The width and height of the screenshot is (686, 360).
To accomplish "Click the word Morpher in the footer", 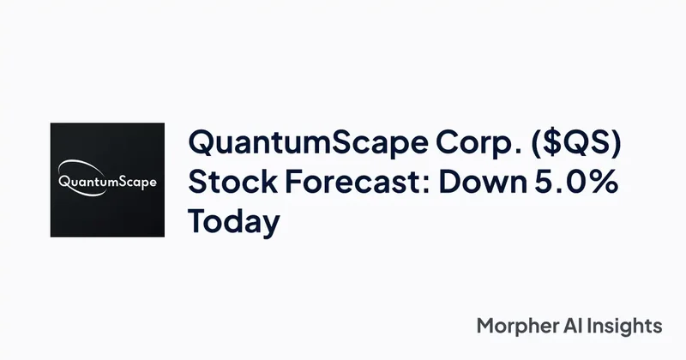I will pos(513,327).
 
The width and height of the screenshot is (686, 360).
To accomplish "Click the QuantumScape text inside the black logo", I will pos(107,182).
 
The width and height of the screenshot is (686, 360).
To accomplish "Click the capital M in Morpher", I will pos(485,327).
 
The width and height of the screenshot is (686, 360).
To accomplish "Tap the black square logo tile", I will pos(107,214).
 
